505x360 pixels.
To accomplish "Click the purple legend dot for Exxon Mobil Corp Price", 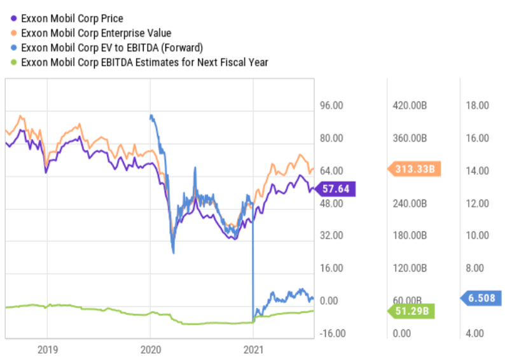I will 13,18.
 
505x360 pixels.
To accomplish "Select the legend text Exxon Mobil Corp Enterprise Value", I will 96,33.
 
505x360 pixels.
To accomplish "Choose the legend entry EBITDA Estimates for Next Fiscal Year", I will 144,62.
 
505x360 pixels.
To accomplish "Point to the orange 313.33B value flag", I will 414,169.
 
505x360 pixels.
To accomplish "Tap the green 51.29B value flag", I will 413,311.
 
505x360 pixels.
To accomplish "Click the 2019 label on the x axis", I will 47,349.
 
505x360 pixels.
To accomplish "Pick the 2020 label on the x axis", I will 150,349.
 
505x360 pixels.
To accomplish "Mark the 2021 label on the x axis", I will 253,349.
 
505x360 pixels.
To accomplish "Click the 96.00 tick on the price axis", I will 330,106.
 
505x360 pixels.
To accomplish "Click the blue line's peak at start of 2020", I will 151,116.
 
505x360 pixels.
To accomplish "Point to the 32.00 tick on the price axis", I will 330,236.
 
